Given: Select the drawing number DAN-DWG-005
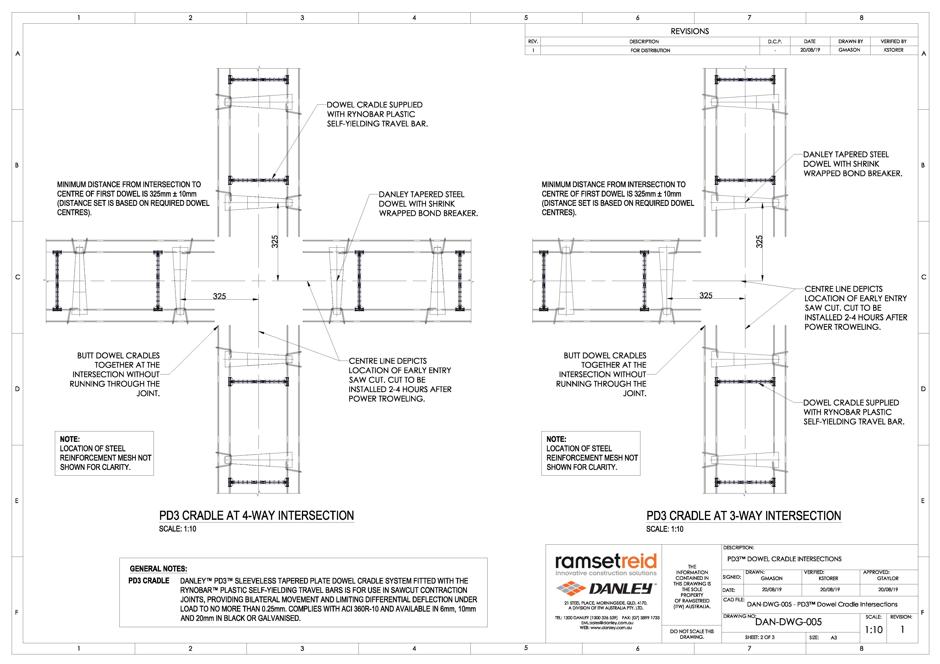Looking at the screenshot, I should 788,622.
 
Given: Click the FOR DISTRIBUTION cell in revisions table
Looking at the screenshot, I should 650,50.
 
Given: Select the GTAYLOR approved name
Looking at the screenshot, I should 888,578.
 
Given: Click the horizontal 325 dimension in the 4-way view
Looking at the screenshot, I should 220,296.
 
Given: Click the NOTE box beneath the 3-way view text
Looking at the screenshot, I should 591,453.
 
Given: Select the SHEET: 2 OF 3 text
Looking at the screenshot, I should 760,637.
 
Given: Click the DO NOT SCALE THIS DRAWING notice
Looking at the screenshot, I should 692,634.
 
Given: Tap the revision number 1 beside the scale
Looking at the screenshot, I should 902,629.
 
